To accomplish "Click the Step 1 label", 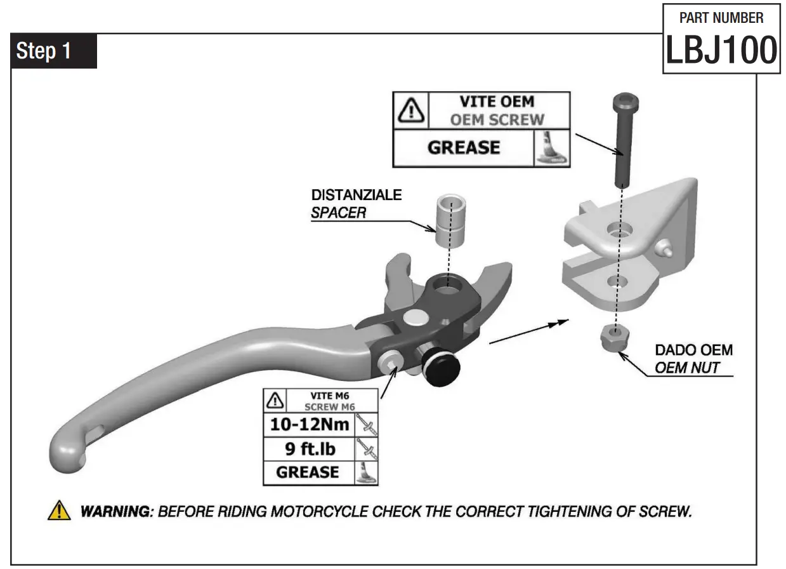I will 44,51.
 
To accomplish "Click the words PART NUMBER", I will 721,17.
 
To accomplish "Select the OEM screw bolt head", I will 624,102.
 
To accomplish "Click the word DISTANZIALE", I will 356,195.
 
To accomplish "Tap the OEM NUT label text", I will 686,368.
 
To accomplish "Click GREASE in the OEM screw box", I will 463,148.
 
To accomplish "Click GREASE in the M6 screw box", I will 308,472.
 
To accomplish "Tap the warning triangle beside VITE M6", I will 275,401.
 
